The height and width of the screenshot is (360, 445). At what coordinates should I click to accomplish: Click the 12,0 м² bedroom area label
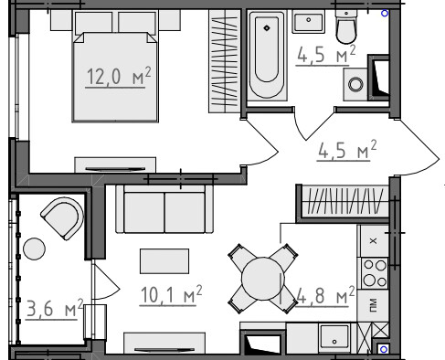click(x=118, y=76)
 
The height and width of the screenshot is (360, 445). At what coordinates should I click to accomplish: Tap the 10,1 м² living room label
click(x=171, y=294)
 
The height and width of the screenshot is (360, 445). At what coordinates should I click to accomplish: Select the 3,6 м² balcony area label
click(x=55, y=308)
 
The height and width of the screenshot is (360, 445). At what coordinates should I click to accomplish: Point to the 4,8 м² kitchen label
click(x=324, y=295)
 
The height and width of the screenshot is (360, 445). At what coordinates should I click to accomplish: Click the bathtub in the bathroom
click(x=267, y=56)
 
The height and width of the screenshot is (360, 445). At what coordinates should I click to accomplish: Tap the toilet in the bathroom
click(x=346, y=26)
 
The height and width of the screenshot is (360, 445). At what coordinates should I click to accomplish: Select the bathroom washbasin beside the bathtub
click(x=308, y=21)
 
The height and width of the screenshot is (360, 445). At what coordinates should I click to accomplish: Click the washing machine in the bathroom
click(x=355, y=84)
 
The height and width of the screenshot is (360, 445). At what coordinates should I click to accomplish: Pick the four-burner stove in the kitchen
click(x=375, y=273)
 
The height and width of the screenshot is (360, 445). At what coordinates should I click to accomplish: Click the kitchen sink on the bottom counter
click(x=334, y=335)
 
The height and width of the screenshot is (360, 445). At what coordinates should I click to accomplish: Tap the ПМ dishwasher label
click(x=373, y=305)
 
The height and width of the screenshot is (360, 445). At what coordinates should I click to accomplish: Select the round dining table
click(x=263, y=279)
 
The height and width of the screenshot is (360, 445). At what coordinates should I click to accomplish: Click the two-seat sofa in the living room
click(x=164, y=209)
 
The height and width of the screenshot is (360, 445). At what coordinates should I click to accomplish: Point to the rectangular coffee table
click(x=164, y=261)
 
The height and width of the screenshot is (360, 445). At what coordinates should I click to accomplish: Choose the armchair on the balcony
click(x=63, y=217)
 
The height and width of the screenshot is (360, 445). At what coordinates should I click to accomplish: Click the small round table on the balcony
click(x=35, y=249)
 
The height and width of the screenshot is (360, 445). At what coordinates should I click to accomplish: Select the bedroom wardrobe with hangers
click(x=225, y=61)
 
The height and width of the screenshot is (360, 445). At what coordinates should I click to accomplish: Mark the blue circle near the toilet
click(x=385, y=14)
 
